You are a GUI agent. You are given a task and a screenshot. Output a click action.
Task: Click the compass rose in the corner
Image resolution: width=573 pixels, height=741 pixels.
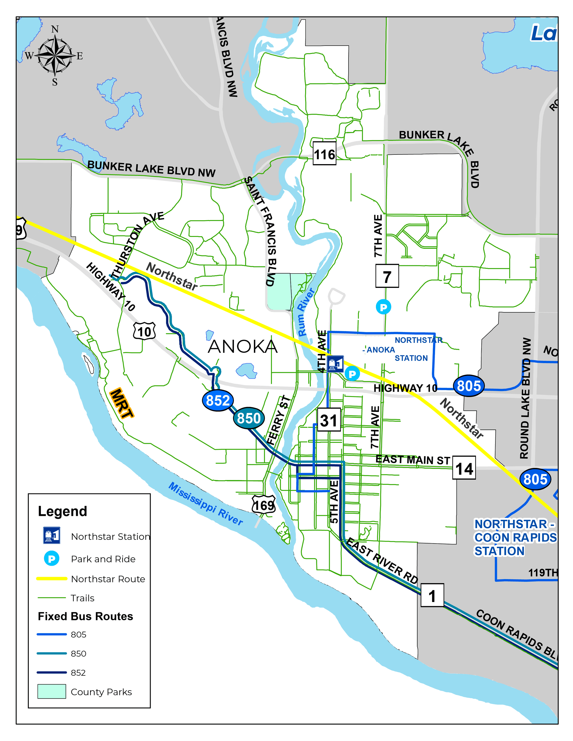54,55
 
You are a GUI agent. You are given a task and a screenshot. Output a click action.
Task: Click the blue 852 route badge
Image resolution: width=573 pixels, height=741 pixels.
218,400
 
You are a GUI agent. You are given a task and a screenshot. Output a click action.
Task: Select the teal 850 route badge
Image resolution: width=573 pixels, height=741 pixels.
249,418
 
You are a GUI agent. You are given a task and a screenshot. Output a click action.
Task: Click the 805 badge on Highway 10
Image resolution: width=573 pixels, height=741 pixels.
468,386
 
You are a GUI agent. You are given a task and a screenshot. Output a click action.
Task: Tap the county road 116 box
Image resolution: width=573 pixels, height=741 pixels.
324,154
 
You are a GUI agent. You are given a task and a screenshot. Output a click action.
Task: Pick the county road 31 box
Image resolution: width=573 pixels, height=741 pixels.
329,420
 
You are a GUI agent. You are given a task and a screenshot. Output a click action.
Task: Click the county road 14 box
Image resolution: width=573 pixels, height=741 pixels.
464,469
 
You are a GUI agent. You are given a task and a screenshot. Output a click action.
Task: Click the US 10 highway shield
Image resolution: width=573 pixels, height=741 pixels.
145,331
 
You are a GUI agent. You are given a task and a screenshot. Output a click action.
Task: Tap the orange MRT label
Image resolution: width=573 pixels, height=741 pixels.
122,403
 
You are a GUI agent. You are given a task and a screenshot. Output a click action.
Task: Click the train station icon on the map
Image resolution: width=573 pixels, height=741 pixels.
335,364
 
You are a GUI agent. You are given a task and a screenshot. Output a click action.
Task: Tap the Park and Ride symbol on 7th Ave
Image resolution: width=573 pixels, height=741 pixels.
383,307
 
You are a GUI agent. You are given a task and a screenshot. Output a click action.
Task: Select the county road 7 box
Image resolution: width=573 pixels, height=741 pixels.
387,276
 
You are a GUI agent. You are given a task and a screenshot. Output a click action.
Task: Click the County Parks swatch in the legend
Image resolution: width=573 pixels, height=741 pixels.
52,691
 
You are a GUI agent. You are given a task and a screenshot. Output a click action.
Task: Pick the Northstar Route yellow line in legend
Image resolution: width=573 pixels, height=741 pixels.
52,579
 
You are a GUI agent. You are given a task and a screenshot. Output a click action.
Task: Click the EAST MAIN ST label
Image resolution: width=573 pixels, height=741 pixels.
412,460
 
